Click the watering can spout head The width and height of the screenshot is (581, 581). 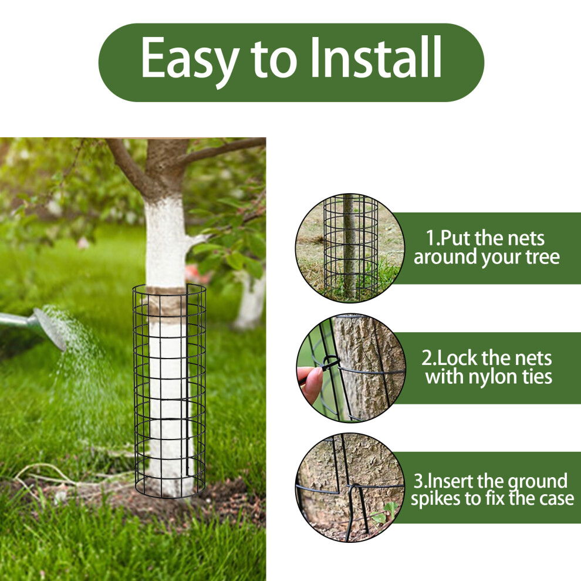pos(50,329)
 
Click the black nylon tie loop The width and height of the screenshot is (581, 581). pos(330,362)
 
